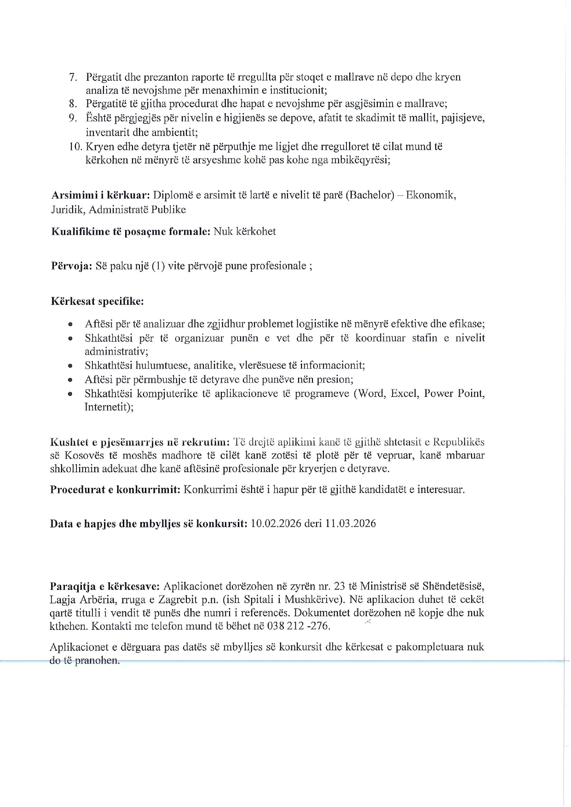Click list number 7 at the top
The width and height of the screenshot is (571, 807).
tap(73, 77)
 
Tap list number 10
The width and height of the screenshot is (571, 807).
tap(75, 147)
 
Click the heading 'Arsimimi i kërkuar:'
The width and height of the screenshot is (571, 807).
tap(100, 195)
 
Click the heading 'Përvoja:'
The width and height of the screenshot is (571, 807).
tap(71, 266)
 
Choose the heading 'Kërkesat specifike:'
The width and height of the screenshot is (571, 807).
tap(97, 302)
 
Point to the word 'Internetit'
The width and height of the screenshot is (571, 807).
tap(109, 407)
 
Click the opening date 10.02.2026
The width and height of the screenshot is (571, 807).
tap(276, 524)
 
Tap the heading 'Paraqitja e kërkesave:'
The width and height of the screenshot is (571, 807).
tap(105, 587)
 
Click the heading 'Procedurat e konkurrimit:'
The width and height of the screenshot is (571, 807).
tap(115, 490)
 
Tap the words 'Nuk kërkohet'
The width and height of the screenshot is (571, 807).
tap(245, 231)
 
